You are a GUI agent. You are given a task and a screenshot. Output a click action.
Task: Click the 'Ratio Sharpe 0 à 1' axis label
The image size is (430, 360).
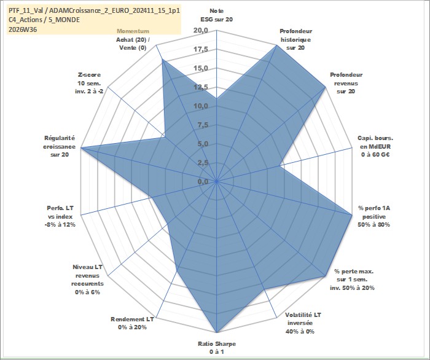pos(217,348)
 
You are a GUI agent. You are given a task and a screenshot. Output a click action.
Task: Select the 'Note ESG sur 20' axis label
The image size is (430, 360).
pos(217,15)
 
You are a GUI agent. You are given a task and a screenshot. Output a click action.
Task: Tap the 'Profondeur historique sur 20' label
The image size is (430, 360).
pos(295,39)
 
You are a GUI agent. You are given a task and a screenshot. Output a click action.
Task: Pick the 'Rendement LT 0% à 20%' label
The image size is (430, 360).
pos(132,323)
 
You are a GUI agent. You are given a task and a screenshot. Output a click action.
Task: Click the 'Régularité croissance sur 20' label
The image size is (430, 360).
pos(59,146)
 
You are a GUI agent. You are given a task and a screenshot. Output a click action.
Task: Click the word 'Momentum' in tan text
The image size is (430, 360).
pos(133,31)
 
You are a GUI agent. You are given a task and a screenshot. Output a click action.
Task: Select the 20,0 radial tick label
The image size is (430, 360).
pos(201,31)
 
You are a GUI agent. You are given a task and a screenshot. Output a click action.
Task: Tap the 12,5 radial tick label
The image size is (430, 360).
pos(201,87)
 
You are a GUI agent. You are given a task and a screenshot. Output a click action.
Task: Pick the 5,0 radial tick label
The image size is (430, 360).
pos(202,144)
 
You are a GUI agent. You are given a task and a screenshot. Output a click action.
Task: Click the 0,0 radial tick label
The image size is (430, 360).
pos(202,181)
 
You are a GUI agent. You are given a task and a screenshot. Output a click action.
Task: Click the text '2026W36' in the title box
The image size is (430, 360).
pos(23,29)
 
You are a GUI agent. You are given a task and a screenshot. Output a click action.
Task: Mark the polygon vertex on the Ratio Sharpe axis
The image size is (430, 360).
pos(217,332)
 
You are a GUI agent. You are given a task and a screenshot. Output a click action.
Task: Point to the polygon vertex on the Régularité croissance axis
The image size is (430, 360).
pos(81,148)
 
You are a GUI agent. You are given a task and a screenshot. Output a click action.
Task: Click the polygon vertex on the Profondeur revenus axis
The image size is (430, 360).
pos(325,87)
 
